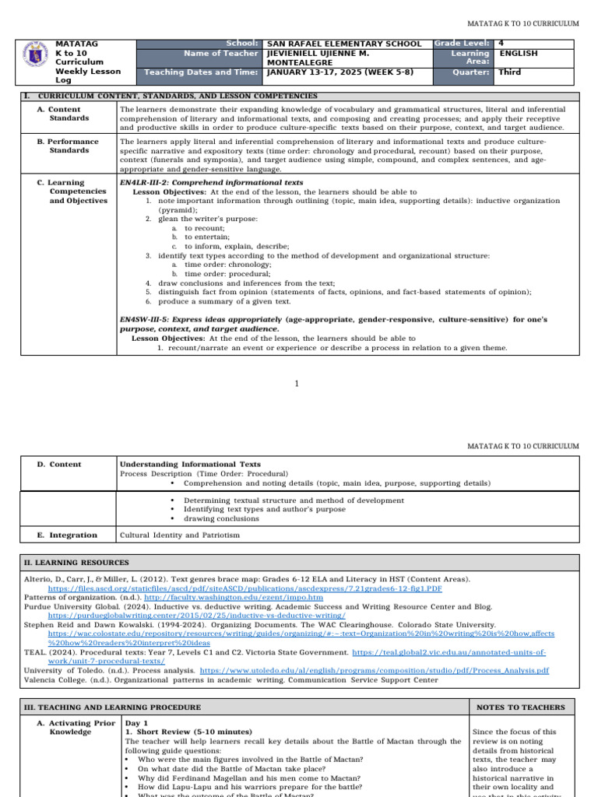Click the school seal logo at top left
click(x=37, y=59)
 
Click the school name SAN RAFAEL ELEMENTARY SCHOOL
click(x=343, y=44)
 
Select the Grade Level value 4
click(x=502, y=44)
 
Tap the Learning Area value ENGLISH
click(x=518, y=54)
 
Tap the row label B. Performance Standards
click(x=69, y=146)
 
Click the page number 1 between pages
click(x=297, y=384)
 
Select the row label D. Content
click(x=59, y=465)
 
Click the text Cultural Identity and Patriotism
click(x=180, y=535)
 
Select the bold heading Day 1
click(x=137, y=723)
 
